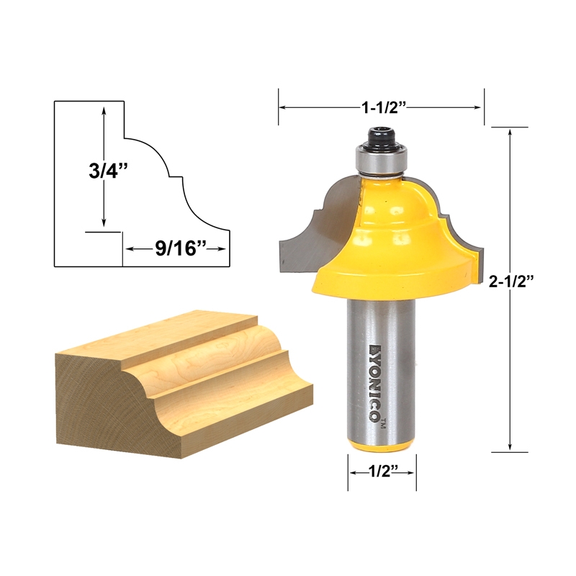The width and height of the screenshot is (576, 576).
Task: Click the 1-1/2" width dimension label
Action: (384, 107)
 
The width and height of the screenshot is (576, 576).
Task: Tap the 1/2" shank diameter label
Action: (382, 472)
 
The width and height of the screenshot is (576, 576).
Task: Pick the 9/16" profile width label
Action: (176, 249)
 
